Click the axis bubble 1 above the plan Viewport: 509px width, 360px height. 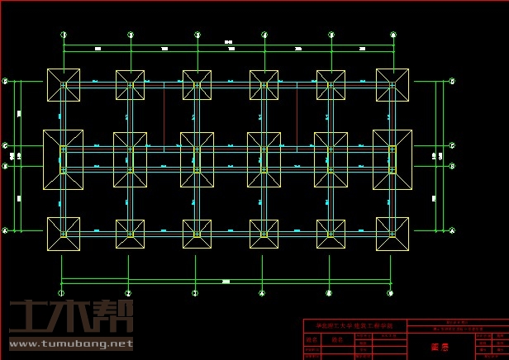tap(64, 35)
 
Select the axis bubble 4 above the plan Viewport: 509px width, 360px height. tap(264, 35)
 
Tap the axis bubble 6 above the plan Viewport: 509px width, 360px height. tap(398, 35)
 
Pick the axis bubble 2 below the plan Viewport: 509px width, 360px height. tap(128, 293)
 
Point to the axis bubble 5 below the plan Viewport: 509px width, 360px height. tap(329, 293)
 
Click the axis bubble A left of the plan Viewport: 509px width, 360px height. tap(5, 230)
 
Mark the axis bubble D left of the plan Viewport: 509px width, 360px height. tap(5, 81)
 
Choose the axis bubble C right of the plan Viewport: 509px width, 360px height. tap(452, 145)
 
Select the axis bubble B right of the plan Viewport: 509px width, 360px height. tap(452, 166)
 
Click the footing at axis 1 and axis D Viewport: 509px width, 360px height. tap(64, 85)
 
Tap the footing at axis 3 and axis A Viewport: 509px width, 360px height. tap(197, 234)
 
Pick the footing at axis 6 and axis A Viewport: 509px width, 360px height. tap(392, 234)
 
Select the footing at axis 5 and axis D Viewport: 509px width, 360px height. tap(331, 85)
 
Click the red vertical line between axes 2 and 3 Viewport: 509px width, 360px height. tap(164, 116)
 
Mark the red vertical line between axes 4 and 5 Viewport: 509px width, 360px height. tap(297, 116)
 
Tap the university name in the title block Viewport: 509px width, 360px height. tap(354, 325)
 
